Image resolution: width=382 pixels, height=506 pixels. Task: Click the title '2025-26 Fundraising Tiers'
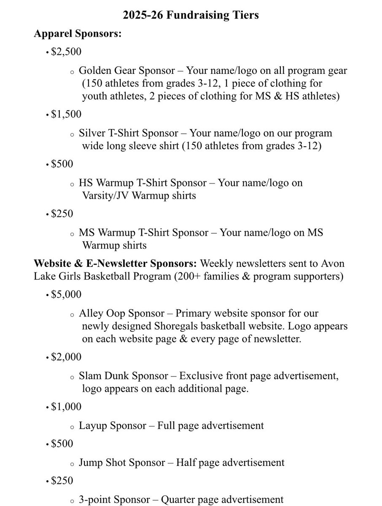pyautogui.click(x=191, y=15)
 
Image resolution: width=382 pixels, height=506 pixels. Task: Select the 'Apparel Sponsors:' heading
pyautogui.click(x=78, y=34)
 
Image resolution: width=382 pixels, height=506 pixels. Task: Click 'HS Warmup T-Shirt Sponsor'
pyautogui.click(x=143, y=183)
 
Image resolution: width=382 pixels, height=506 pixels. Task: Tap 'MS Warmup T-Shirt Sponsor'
pyautogui.click(x=143, y=233)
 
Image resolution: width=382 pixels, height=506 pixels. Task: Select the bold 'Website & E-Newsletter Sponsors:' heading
pyautogui.click(x=115, y=264)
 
